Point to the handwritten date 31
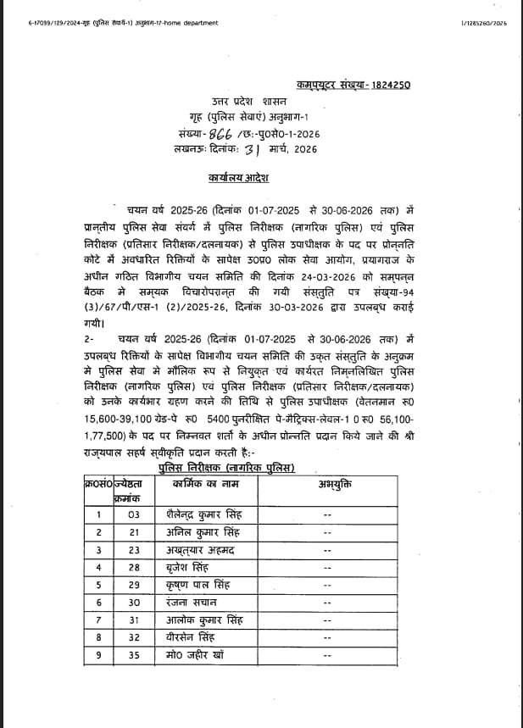point(250,150)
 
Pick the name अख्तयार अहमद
point(201,549)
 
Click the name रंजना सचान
point(192,603)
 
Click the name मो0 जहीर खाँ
point(198,655)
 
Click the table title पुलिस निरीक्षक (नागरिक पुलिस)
point(225,467)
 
